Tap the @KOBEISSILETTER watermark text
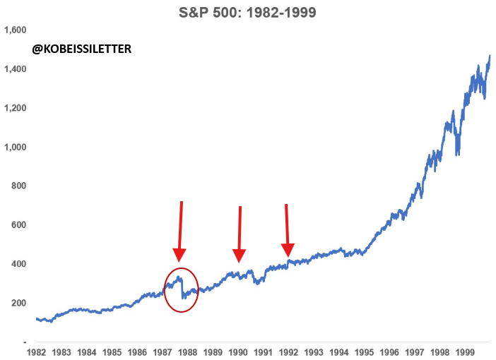tap(82, 49)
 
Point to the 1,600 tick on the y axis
tap(16, 30)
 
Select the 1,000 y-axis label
tap(16, 147)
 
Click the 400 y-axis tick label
tap(18, 264)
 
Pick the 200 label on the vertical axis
tap(18, 303)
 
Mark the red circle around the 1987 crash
tap(182, 290)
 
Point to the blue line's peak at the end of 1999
tap(490, 56)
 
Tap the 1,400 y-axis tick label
tap(16, 69)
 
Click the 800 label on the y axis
tap(18, 186)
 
